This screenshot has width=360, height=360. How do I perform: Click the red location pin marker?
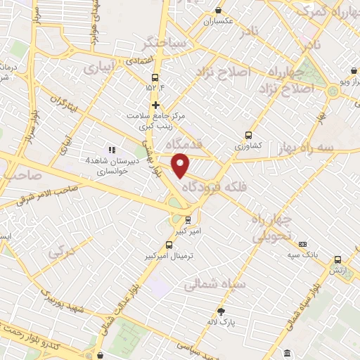tap(181, 165)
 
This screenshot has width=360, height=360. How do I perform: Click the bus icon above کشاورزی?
tap(248, 135)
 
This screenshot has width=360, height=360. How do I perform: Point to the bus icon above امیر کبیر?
tap(187, 219)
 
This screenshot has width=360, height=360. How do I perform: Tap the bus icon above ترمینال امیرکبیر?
tap(169, 245)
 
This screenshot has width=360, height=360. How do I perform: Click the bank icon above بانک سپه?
tap(303, 243)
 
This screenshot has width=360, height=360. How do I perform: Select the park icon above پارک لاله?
tap(221, 311)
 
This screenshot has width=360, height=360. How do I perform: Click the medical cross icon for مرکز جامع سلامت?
tap(155, 105)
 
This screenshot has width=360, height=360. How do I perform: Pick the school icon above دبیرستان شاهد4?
tap(110, 149)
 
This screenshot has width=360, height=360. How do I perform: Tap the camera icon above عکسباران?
tap(218, 11)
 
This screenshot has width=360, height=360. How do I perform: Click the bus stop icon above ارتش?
tap(338, 259)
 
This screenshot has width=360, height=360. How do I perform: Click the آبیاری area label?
tap(98, 69)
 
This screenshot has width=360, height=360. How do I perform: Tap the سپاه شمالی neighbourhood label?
tap(214, 285)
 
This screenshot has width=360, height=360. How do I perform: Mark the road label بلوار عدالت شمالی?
tap(120, 304)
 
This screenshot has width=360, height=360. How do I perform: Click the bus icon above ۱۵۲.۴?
tap(155, 78)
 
